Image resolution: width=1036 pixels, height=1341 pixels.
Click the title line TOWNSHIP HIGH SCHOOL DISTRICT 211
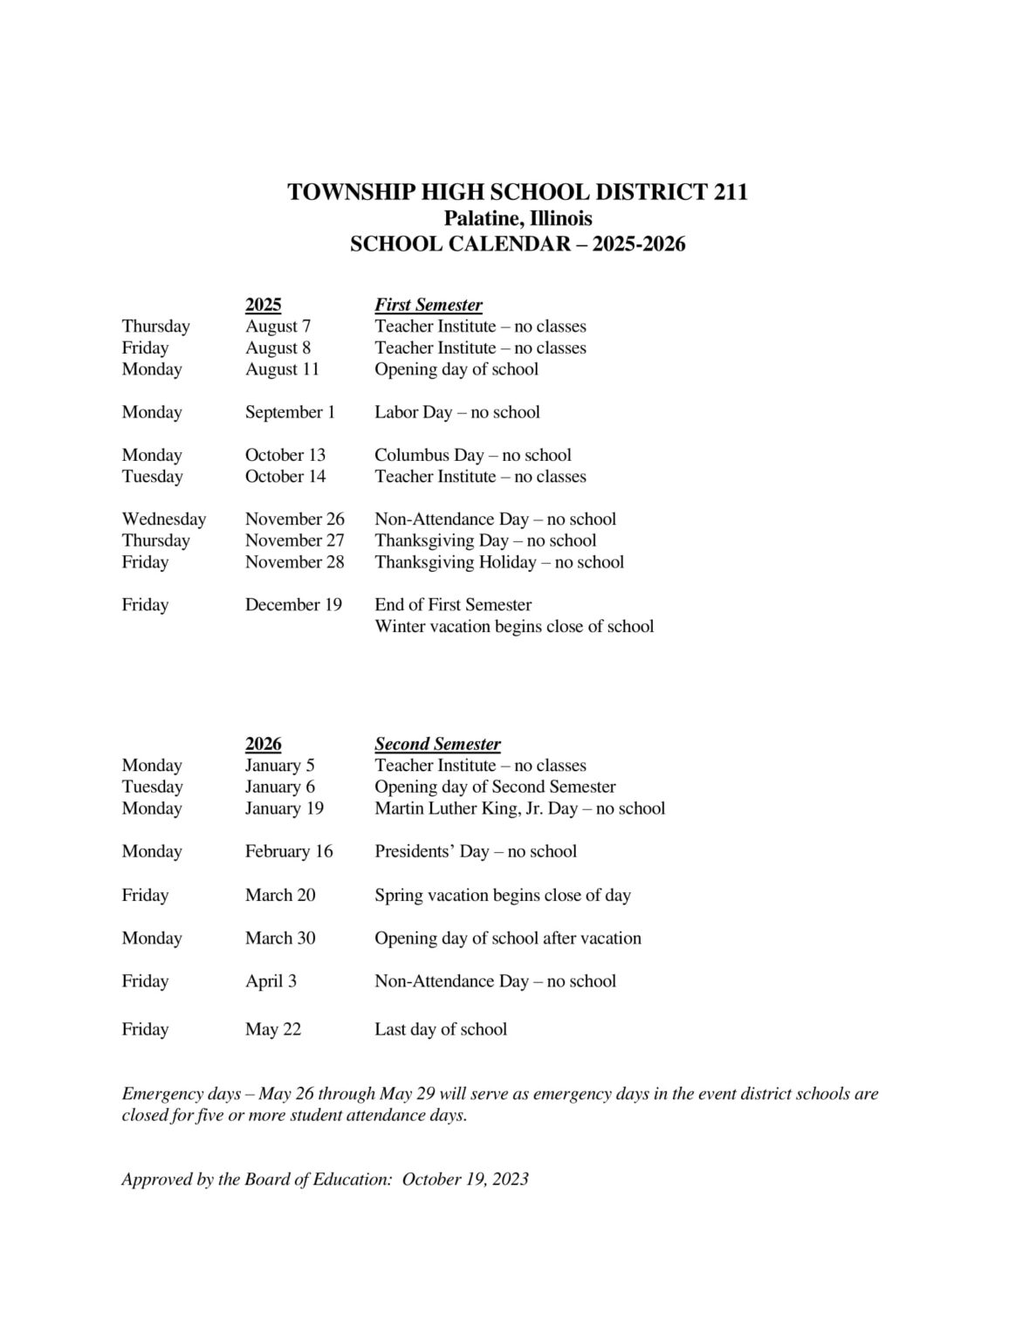(x=518, y=192)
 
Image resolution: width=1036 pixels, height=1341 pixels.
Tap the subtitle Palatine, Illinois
(x=518, y=218)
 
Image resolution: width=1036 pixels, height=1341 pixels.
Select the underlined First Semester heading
(x=428, y=305)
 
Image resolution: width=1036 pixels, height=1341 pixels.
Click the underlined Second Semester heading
(x=437, y=744)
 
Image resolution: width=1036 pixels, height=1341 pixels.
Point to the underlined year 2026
(x=263, y=744)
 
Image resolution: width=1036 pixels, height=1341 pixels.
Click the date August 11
(x=282, y=369)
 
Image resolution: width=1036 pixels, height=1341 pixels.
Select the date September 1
(x=290, y=412)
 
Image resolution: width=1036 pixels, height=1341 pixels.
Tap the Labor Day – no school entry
(x=456, y=412)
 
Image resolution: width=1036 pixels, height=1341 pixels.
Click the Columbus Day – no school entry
(x=472, y=455)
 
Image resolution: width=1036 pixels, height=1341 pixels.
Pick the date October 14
(x=285, y=477)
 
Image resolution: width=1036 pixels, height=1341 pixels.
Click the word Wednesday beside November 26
(x=163, y=519)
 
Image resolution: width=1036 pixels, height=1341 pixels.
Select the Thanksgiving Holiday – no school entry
(x=498, y=562)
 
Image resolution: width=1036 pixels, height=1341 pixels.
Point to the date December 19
(x=293, y=605)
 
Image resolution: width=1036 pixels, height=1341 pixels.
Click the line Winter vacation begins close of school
(x=513, y=627)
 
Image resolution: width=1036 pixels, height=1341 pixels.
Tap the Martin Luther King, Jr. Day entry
(x=519, y=808)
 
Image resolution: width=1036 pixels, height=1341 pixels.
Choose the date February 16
(x=289, y=851)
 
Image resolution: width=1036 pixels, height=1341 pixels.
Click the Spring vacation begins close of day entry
(x=502, y=895)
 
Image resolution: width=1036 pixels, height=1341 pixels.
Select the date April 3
(x=271, y=981)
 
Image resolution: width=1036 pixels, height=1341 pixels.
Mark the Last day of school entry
(x=440, y=1029)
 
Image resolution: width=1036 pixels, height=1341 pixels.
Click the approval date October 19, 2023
(x=465, y=1179)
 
